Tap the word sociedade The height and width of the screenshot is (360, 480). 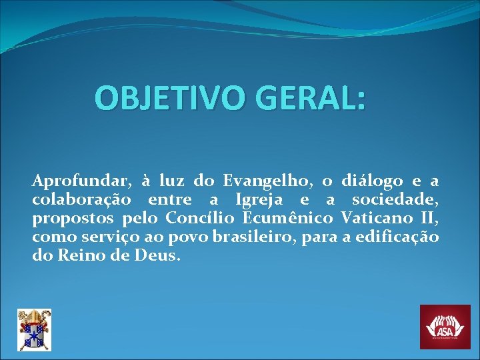(395, 199)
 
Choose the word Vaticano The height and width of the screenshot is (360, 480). (375, 218)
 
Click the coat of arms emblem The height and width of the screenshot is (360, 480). (34, 329)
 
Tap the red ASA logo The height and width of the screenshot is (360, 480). (445, 327)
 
